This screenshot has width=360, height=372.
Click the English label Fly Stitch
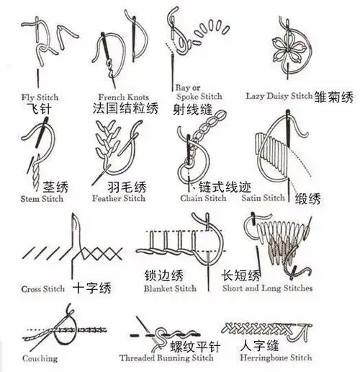(40, 97)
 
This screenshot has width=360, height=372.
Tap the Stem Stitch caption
(42, 199)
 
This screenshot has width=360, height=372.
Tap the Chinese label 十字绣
(92, 288)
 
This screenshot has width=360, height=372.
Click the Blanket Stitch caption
(170, 288)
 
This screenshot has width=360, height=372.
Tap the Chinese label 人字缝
(259, 345)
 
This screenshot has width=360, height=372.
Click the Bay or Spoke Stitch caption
(199, 91)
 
